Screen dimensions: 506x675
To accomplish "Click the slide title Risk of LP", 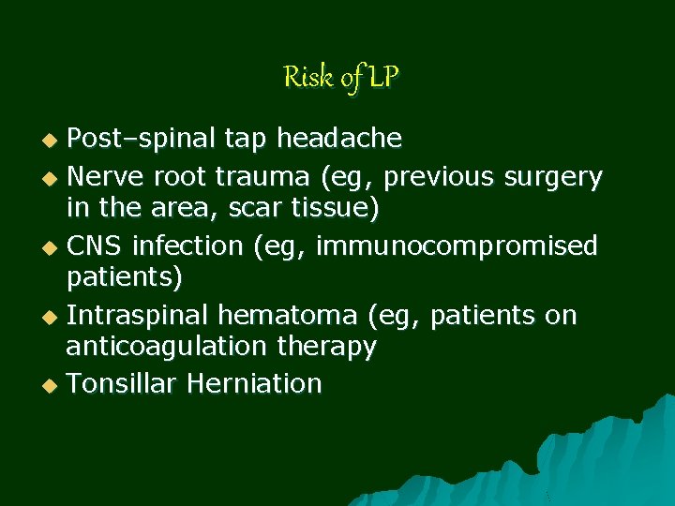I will click(341, 77).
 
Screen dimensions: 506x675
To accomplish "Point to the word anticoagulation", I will click(166, 348).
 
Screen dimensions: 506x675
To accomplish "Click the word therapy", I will click(326, 348).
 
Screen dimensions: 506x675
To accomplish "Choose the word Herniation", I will click(254, 383).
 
